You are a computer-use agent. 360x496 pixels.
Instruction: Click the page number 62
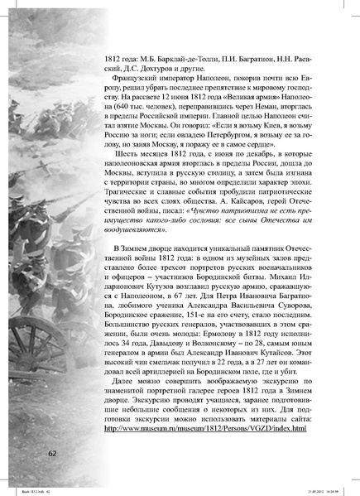52,453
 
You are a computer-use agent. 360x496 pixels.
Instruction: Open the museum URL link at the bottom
205,428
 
